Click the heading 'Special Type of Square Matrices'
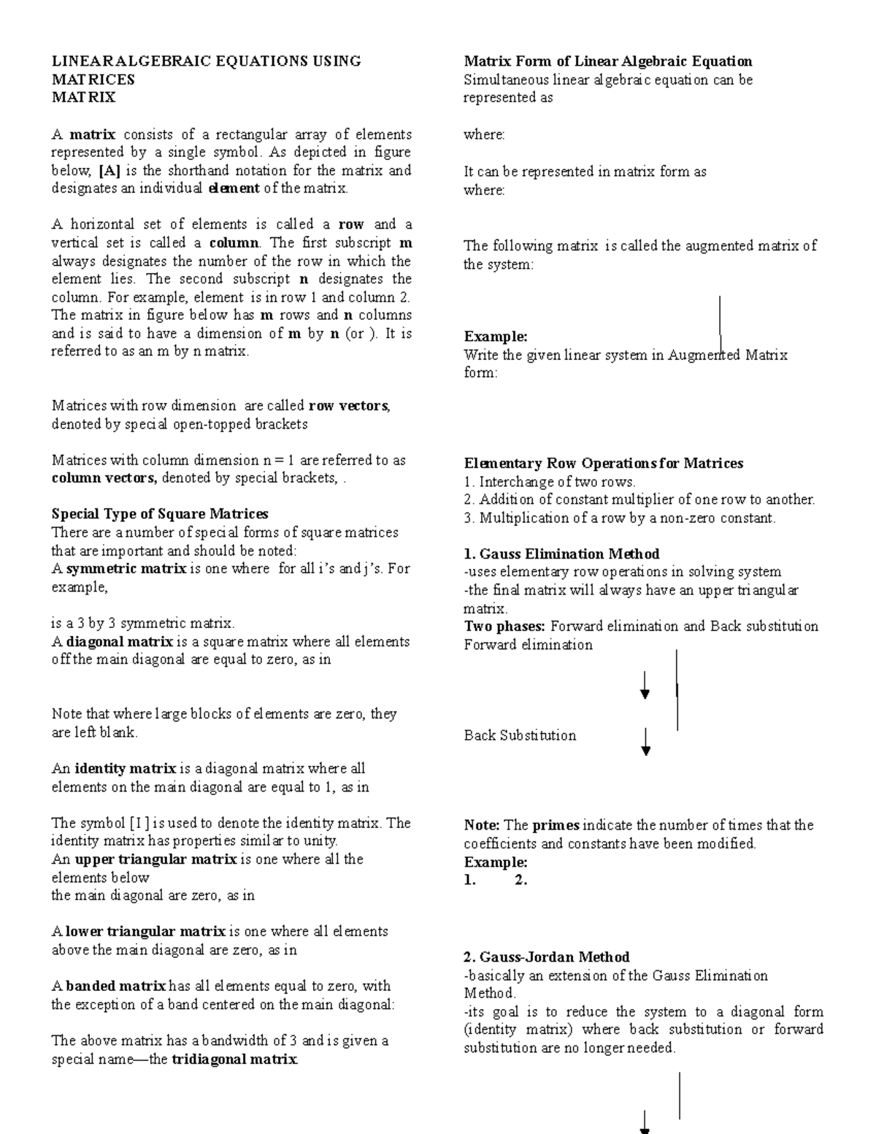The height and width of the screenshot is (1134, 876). [160, 514]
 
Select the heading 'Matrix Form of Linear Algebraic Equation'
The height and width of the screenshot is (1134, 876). [608, 61]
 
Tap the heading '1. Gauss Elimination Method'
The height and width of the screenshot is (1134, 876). [561, 554]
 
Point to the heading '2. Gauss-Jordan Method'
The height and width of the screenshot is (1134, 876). [547, 957]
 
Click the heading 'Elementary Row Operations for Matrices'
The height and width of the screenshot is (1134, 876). [604, 464]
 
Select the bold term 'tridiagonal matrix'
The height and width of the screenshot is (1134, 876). [234, 1060]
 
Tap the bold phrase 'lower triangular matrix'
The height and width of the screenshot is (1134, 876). [145, 932]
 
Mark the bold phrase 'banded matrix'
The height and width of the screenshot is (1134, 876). [116, 986]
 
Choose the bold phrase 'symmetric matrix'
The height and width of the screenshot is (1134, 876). [126, 569]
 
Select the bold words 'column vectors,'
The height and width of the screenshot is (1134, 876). [104, 479]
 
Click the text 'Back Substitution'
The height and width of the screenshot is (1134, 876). [520, 736]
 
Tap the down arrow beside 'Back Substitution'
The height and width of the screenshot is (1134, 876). [645, 742]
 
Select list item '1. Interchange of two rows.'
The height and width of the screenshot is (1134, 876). [550, 482]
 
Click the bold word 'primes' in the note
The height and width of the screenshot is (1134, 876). [556, 826]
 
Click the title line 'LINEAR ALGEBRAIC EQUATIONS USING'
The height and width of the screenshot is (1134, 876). [206, 61]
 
